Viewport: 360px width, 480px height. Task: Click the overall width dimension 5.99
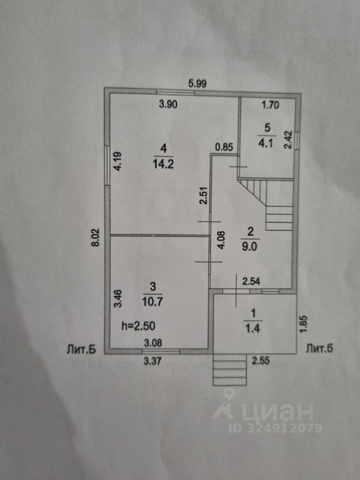pyautogui.click(x=198, y=84)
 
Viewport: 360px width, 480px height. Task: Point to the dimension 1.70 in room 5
pyautogui.click(x=270, y=105)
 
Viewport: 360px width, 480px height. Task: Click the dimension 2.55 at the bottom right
pyautogui.click(x=262, y=359)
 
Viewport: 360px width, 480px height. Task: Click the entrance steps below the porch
pyautogui.click(x=229, y=369)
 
